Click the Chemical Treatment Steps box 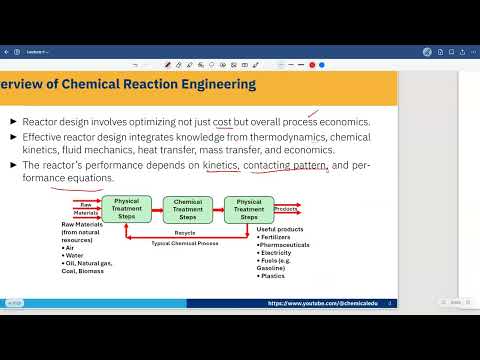187,209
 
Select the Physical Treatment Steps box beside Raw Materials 127,209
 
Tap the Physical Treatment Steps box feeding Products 248,209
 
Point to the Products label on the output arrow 286,209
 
